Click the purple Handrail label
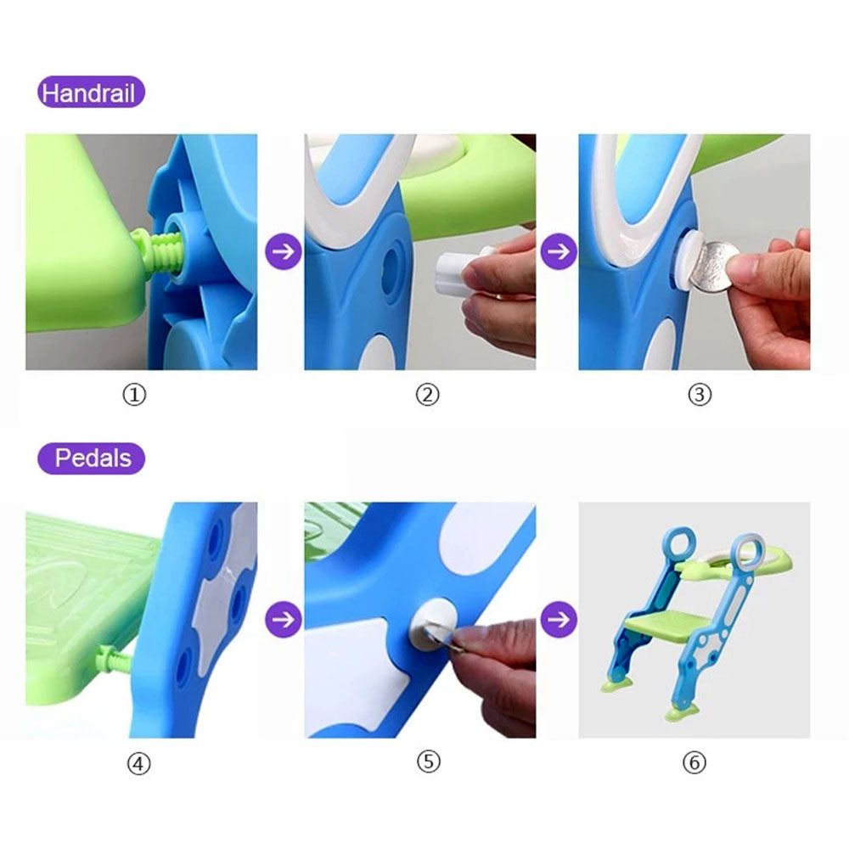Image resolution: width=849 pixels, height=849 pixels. click(91, 92)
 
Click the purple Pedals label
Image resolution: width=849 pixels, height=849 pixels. click(91, 458)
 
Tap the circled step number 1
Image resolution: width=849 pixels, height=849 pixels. click(134, 395)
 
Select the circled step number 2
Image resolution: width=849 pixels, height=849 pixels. click(427, 395)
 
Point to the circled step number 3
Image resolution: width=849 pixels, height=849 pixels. click(699, 395)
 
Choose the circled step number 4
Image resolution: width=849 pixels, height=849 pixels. click(138, 764)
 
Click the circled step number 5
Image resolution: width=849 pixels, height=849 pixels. click(428, 762)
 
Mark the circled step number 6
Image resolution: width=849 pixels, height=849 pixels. click(694, 763)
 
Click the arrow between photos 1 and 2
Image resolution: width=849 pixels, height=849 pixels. click(284, 251)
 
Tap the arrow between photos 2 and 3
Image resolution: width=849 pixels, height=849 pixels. click(559, 251)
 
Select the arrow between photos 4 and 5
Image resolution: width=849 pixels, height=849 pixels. click(284, 619)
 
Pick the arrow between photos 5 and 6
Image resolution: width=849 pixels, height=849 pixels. click(559, 619)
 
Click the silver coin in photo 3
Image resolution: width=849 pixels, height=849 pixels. click(714, 267)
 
